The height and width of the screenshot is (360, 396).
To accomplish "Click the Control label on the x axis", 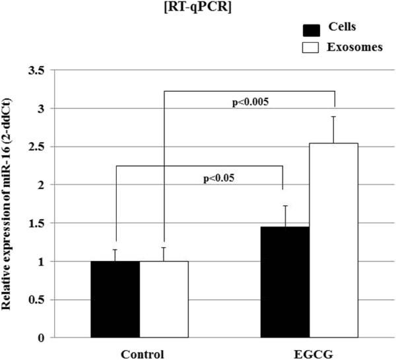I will coord(140,353).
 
